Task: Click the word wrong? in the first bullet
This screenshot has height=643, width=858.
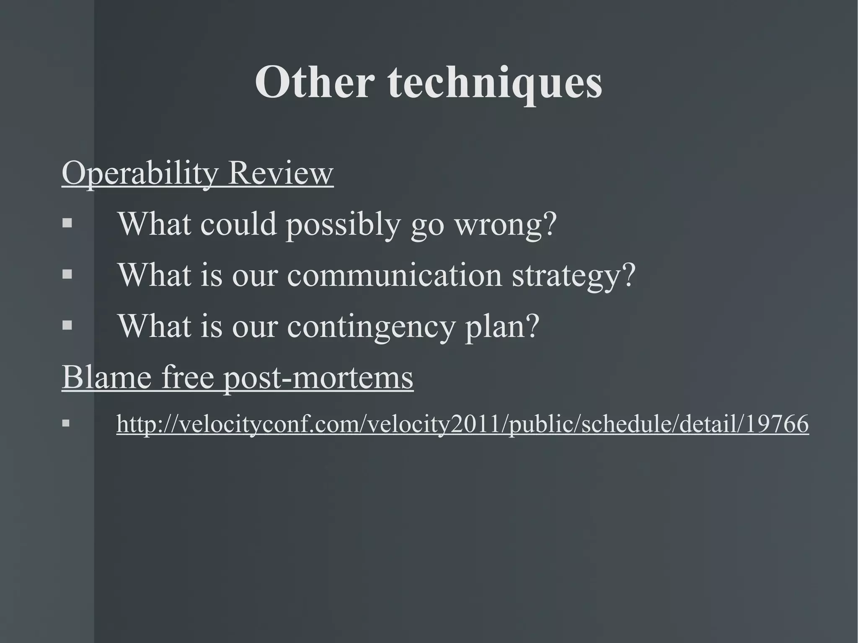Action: click(x=506, y=225)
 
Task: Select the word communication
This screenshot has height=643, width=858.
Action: click(x=394, y=275)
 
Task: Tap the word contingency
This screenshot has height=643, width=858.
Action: click(x=370, y=327)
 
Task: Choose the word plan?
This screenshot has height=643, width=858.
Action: click(x=502, y=327)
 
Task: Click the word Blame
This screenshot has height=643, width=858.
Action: click(x=106, y=377)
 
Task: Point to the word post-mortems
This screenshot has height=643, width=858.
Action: click(x=318, y=378)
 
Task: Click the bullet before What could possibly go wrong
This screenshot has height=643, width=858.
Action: click(x=67, y=223)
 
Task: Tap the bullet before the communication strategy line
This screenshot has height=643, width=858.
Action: click(x=67, y=274)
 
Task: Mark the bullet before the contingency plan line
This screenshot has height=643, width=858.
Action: click(x=67, y=325)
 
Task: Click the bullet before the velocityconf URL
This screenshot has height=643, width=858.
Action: click(x=66, y=424)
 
